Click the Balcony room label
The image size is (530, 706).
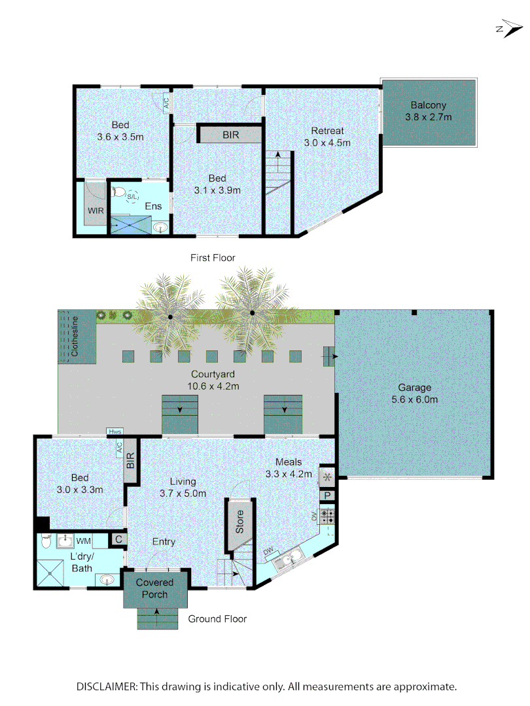click(428, 105)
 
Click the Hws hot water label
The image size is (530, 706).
click(116, 431)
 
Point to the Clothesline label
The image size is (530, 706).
click(75, 336)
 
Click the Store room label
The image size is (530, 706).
click(239, 522)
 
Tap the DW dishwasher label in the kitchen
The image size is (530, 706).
click(268, 552)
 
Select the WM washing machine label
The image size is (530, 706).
click(84, 541)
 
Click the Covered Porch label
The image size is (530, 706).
click(154, 588)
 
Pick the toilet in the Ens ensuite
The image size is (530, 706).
click(118, 192)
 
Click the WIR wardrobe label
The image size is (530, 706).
click(96, 211)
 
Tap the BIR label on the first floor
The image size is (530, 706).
click(230, 135)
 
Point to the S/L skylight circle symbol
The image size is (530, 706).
click(133, 196)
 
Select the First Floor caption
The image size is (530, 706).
click(213, 258)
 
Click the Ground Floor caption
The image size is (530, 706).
click(217, 618)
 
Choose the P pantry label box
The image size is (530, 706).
click(327, 496)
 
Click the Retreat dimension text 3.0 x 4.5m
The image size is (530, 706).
click(327, 143)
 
